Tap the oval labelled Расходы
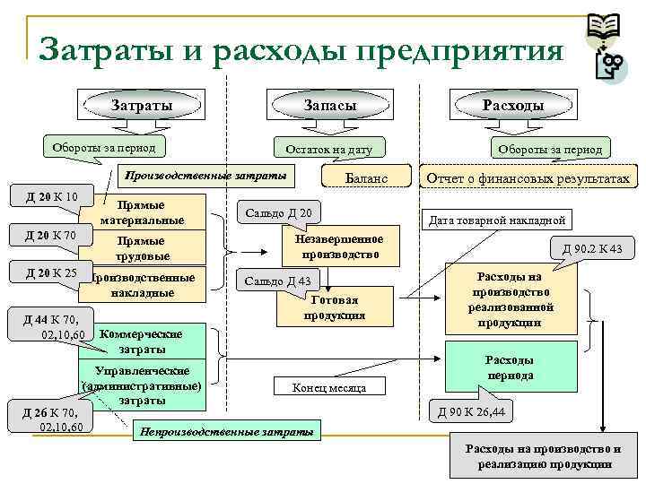(x=512, y=106)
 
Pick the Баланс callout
(x=366, y=178)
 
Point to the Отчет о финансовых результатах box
(x=528, y=178)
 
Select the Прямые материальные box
(x=144, y=212)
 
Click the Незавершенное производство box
(x=340, y=246)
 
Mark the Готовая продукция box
(x=335, y=307)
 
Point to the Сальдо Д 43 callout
(x=278, y=281)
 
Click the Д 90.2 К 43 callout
(x=591, y=248)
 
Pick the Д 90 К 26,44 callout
(x=471, y=412)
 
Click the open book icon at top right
(x=603, y=29)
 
